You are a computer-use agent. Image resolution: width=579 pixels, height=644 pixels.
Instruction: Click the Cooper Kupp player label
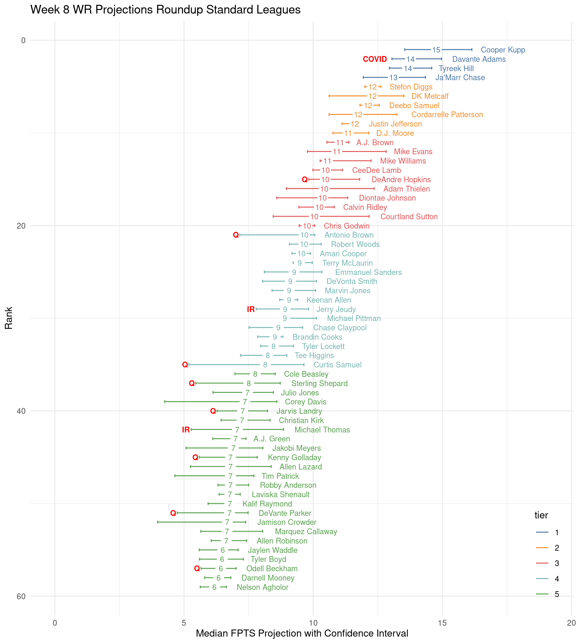point(503,50)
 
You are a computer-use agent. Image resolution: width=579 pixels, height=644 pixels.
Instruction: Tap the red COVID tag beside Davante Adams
point(375,59)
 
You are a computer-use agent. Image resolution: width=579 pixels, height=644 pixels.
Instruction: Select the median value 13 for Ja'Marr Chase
point(393,78)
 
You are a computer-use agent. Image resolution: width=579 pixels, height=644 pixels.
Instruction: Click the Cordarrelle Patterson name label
point(447,115)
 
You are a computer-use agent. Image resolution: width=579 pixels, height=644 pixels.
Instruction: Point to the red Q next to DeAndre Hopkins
point(305,180)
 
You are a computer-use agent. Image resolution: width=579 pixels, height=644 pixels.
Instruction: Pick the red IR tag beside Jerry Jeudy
point(251,309)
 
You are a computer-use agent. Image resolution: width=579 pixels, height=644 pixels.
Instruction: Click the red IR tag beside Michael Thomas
point(186,430)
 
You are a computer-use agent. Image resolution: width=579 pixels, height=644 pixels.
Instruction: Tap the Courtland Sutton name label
point(409,217)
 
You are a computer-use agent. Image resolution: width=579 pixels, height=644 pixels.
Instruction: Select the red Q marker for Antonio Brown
point(236,235)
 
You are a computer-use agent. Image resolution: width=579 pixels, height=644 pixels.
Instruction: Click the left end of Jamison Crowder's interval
point(158,522)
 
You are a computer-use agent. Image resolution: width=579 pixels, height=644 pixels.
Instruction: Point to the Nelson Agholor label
point(262,587)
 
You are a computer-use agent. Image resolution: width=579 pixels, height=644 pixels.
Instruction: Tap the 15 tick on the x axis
point(442,623)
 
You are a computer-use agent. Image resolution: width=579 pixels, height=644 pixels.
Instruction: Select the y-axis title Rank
point(9,318)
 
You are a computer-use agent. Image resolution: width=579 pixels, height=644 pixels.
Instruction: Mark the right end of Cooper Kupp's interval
point(472,50)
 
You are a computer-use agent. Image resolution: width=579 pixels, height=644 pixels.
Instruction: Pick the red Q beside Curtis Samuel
point(185,365)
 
